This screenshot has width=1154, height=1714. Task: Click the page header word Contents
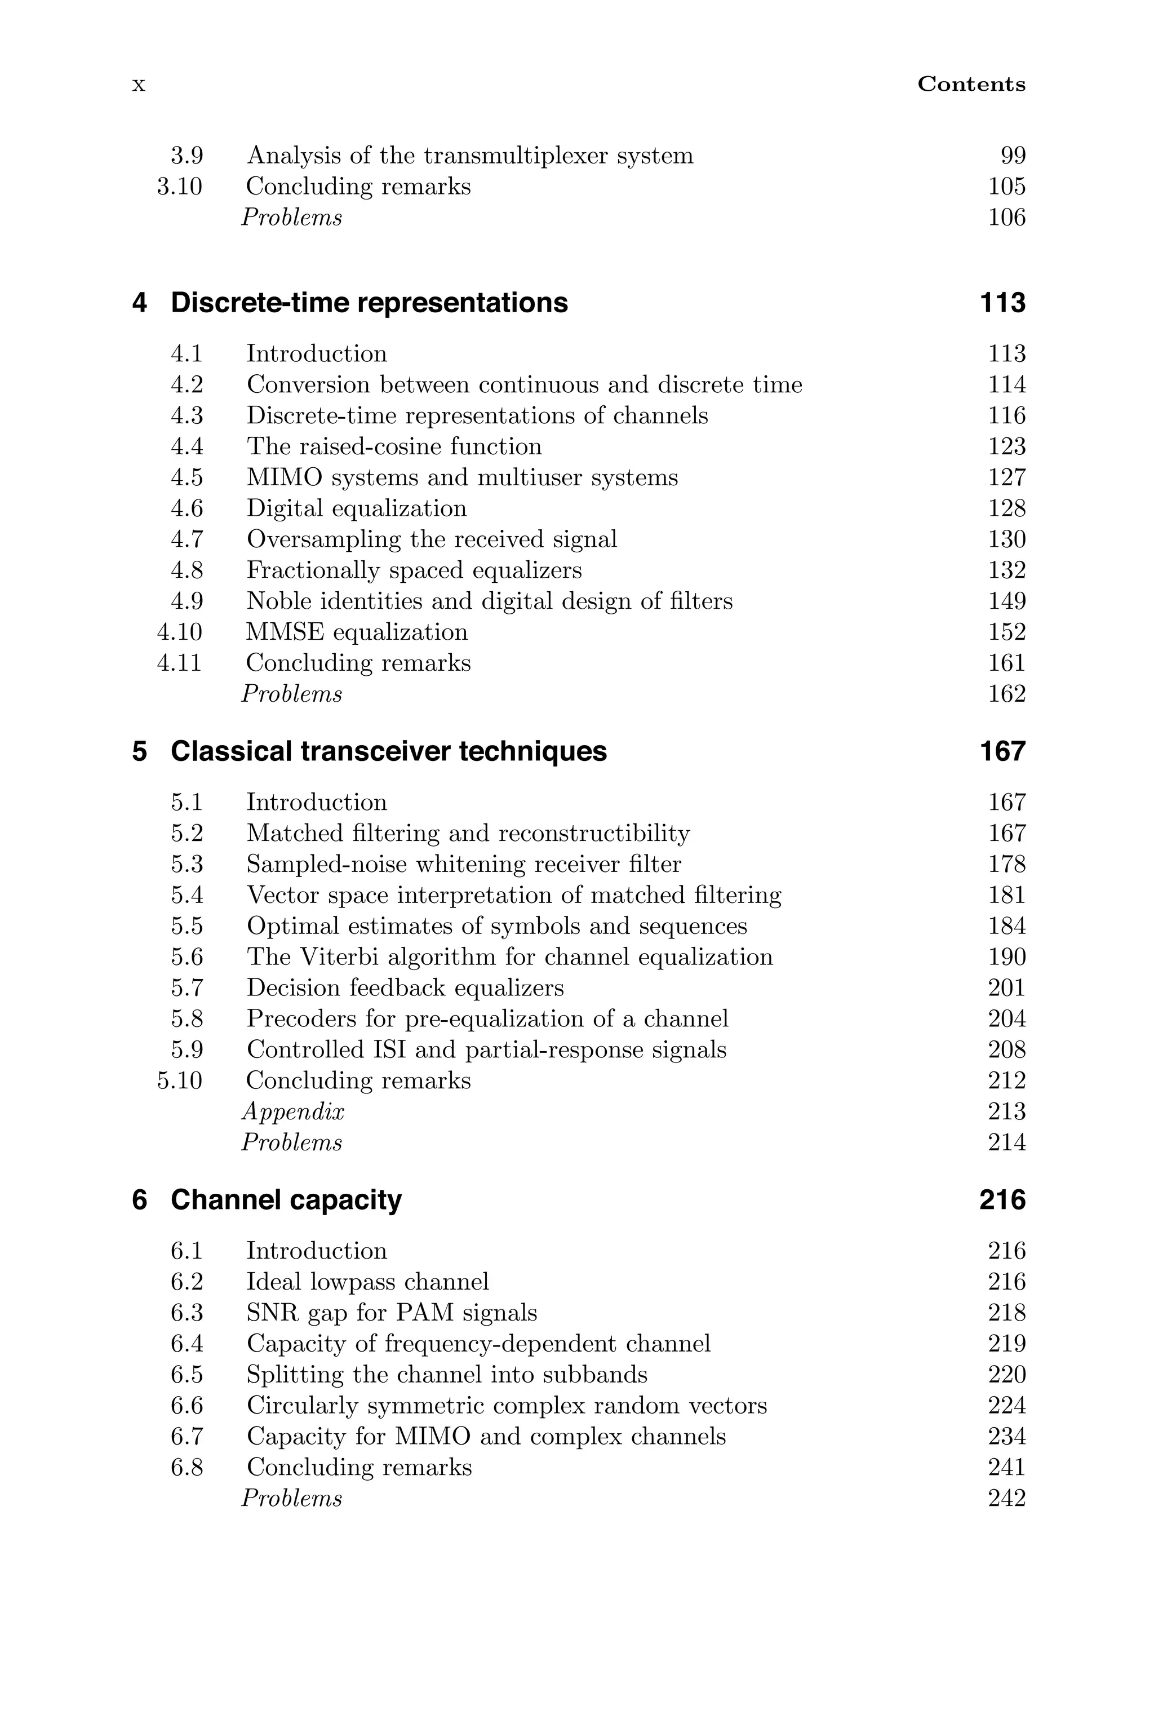[x=971, y=85]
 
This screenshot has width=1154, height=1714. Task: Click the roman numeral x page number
[x=139, y=85]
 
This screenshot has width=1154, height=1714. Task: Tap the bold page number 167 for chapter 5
[x=1002, y=751]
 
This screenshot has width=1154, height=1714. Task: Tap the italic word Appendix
[x=293, y=1112]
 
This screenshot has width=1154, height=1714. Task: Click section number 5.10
[x=180, y=1081]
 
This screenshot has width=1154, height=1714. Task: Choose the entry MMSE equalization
[x=357, y=632]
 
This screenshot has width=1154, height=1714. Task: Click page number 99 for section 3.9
[x=1013, y=156]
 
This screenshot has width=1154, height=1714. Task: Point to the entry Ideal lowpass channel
[x=367, y=1282]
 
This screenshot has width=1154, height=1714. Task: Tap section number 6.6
[x=187, y=1406]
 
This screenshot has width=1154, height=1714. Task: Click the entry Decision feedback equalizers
[x=405, y=987]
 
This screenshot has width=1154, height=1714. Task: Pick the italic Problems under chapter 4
[x=291, y=694]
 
